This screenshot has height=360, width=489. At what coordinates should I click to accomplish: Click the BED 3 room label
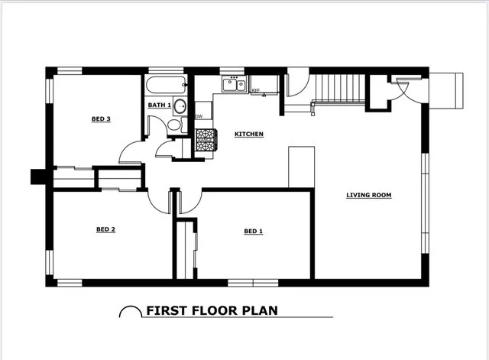pyautogui.click(x=101, y=119)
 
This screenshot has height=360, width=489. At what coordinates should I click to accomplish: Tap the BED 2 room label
pyautogui.click(x=105, y=229)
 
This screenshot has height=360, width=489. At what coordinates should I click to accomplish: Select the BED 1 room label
pyautogui.click(x=253, y=231)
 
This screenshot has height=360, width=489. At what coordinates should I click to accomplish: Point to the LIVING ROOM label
pyautogui.click(x=368, y=195)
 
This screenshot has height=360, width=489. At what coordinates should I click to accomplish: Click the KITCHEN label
pyautogui.click(x=249, y=135)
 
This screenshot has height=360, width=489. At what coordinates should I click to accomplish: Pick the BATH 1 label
pyautogui.click(x=160, y=105)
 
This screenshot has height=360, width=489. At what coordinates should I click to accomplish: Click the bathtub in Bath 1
pyautogui.click(x=167, y=85)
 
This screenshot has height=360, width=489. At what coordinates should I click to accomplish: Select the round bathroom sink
pyautogui.click(x=180, y=106)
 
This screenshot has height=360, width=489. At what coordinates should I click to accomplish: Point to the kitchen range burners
pyautogui.click(x=206, y=140)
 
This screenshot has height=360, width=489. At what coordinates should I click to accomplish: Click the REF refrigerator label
pyautogui.click(x=255, y=90)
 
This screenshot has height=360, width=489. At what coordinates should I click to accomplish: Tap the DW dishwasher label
pyautogui.click(x=199, y=116)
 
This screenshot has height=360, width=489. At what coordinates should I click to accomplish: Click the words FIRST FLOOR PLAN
pyautogui.click(x=212, y=311)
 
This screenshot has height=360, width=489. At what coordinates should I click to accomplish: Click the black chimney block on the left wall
pyautogui.click(x=38, y=177)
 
